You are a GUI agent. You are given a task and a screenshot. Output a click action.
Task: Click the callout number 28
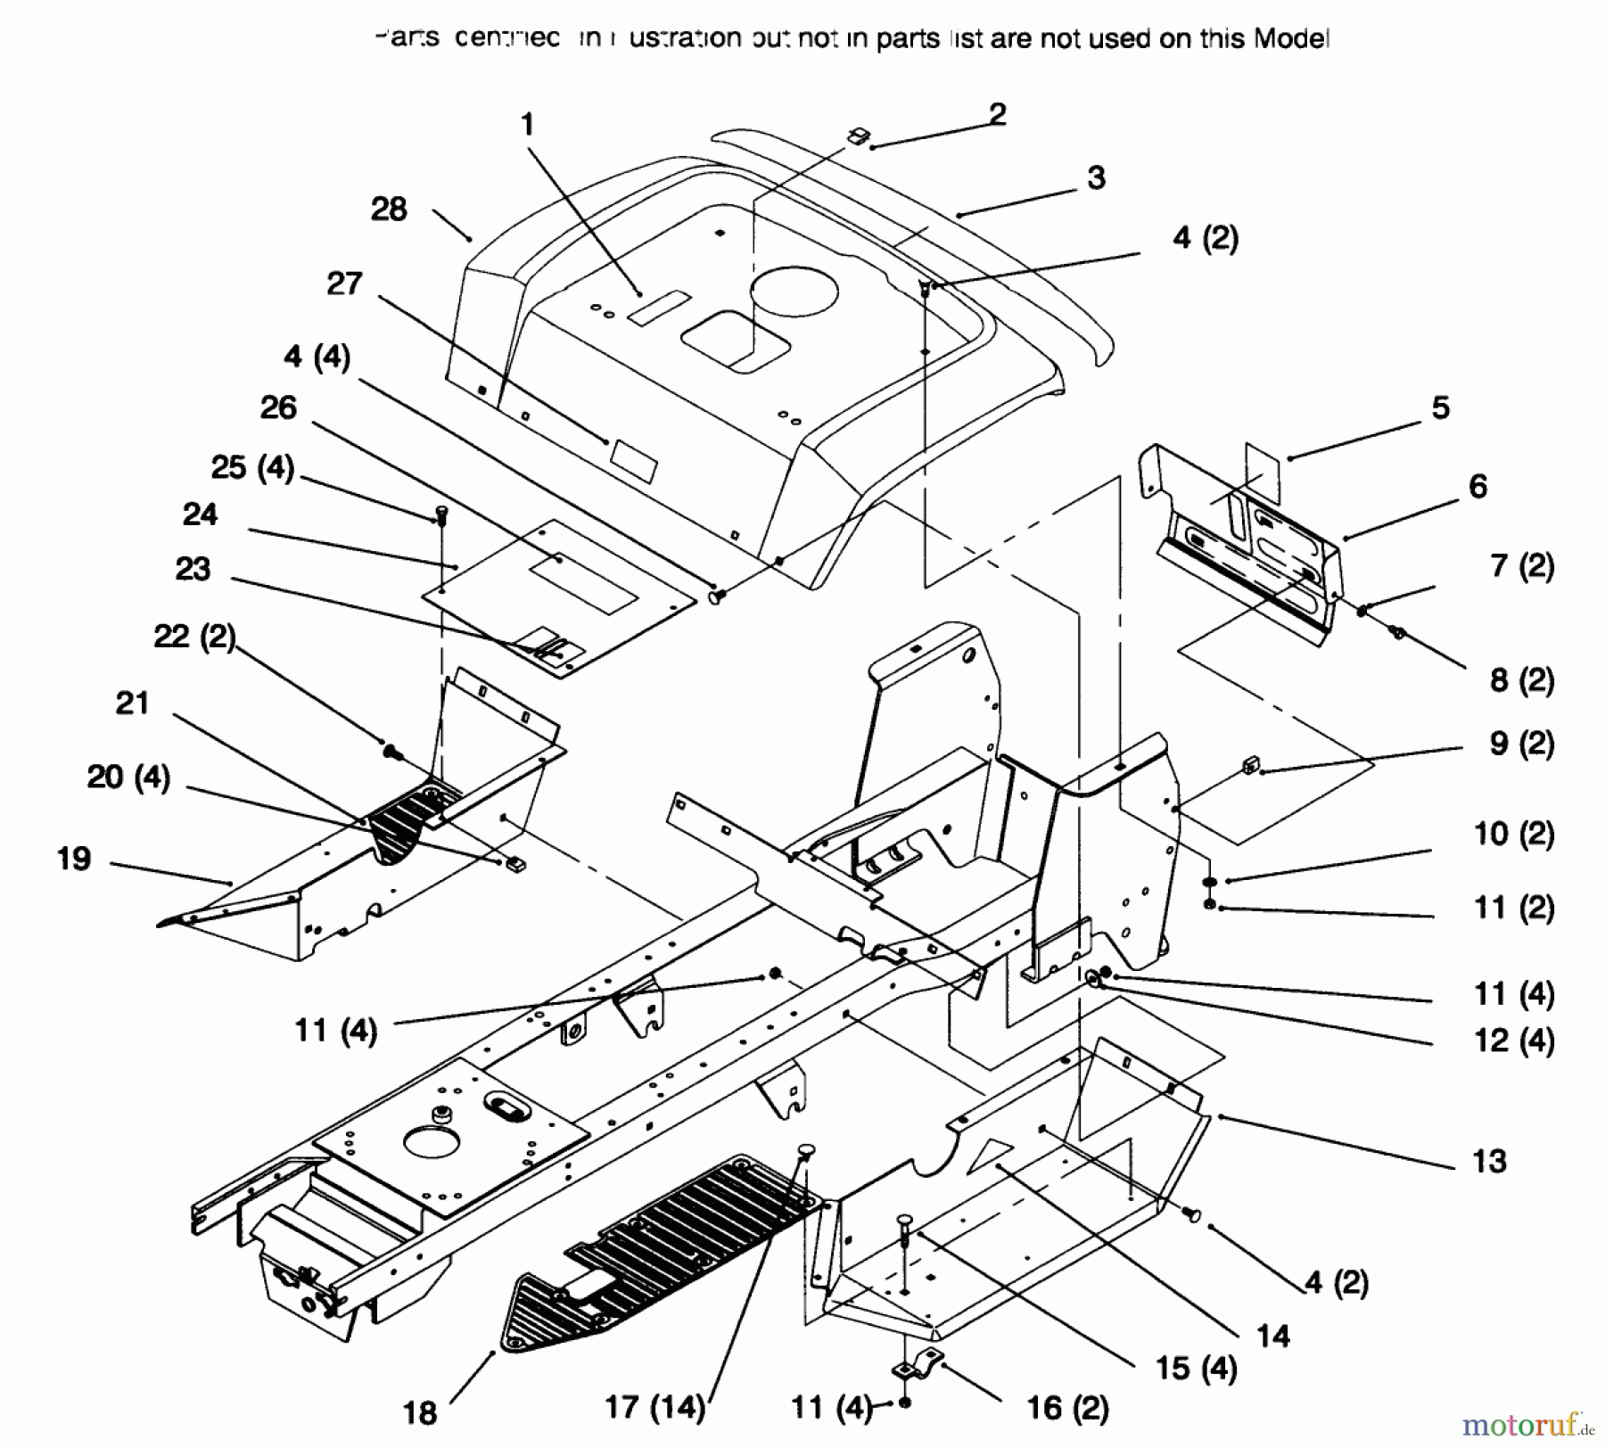[x=389, y=210]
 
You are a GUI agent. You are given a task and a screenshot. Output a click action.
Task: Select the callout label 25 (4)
[x=252, y=467]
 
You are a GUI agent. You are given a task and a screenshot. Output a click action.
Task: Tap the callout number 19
[x=74, y=859]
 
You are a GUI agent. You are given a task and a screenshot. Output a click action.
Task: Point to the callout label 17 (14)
[x=655, y=1407]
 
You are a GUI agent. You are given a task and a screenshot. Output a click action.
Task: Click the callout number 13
[x=1489, y=1161]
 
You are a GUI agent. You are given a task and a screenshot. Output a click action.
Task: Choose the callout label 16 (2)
[x=1067, y=1408]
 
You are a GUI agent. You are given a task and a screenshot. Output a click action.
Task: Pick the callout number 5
[x=1441, y=407]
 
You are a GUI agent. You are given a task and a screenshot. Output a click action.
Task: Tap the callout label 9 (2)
[x=1521, y=743]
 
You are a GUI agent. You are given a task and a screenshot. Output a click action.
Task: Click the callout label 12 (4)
[x=1514, y=1040]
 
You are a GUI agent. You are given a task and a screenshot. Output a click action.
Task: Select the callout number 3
[x=1096, y=177]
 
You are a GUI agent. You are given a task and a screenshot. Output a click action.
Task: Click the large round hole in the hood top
[x=794, y=288]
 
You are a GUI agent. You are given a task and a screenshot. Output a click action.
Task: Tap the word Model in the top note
[x=1291, y=38]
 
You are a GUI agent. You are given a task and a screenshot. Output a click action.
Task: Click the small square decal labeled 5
[x=1262, y=471]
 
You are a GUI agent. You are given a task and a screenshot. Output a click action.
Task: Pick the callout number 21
[x=132, y=703]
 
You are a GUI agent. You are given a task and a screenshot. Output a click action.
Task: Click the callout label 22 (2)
[x=194, y=636]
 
